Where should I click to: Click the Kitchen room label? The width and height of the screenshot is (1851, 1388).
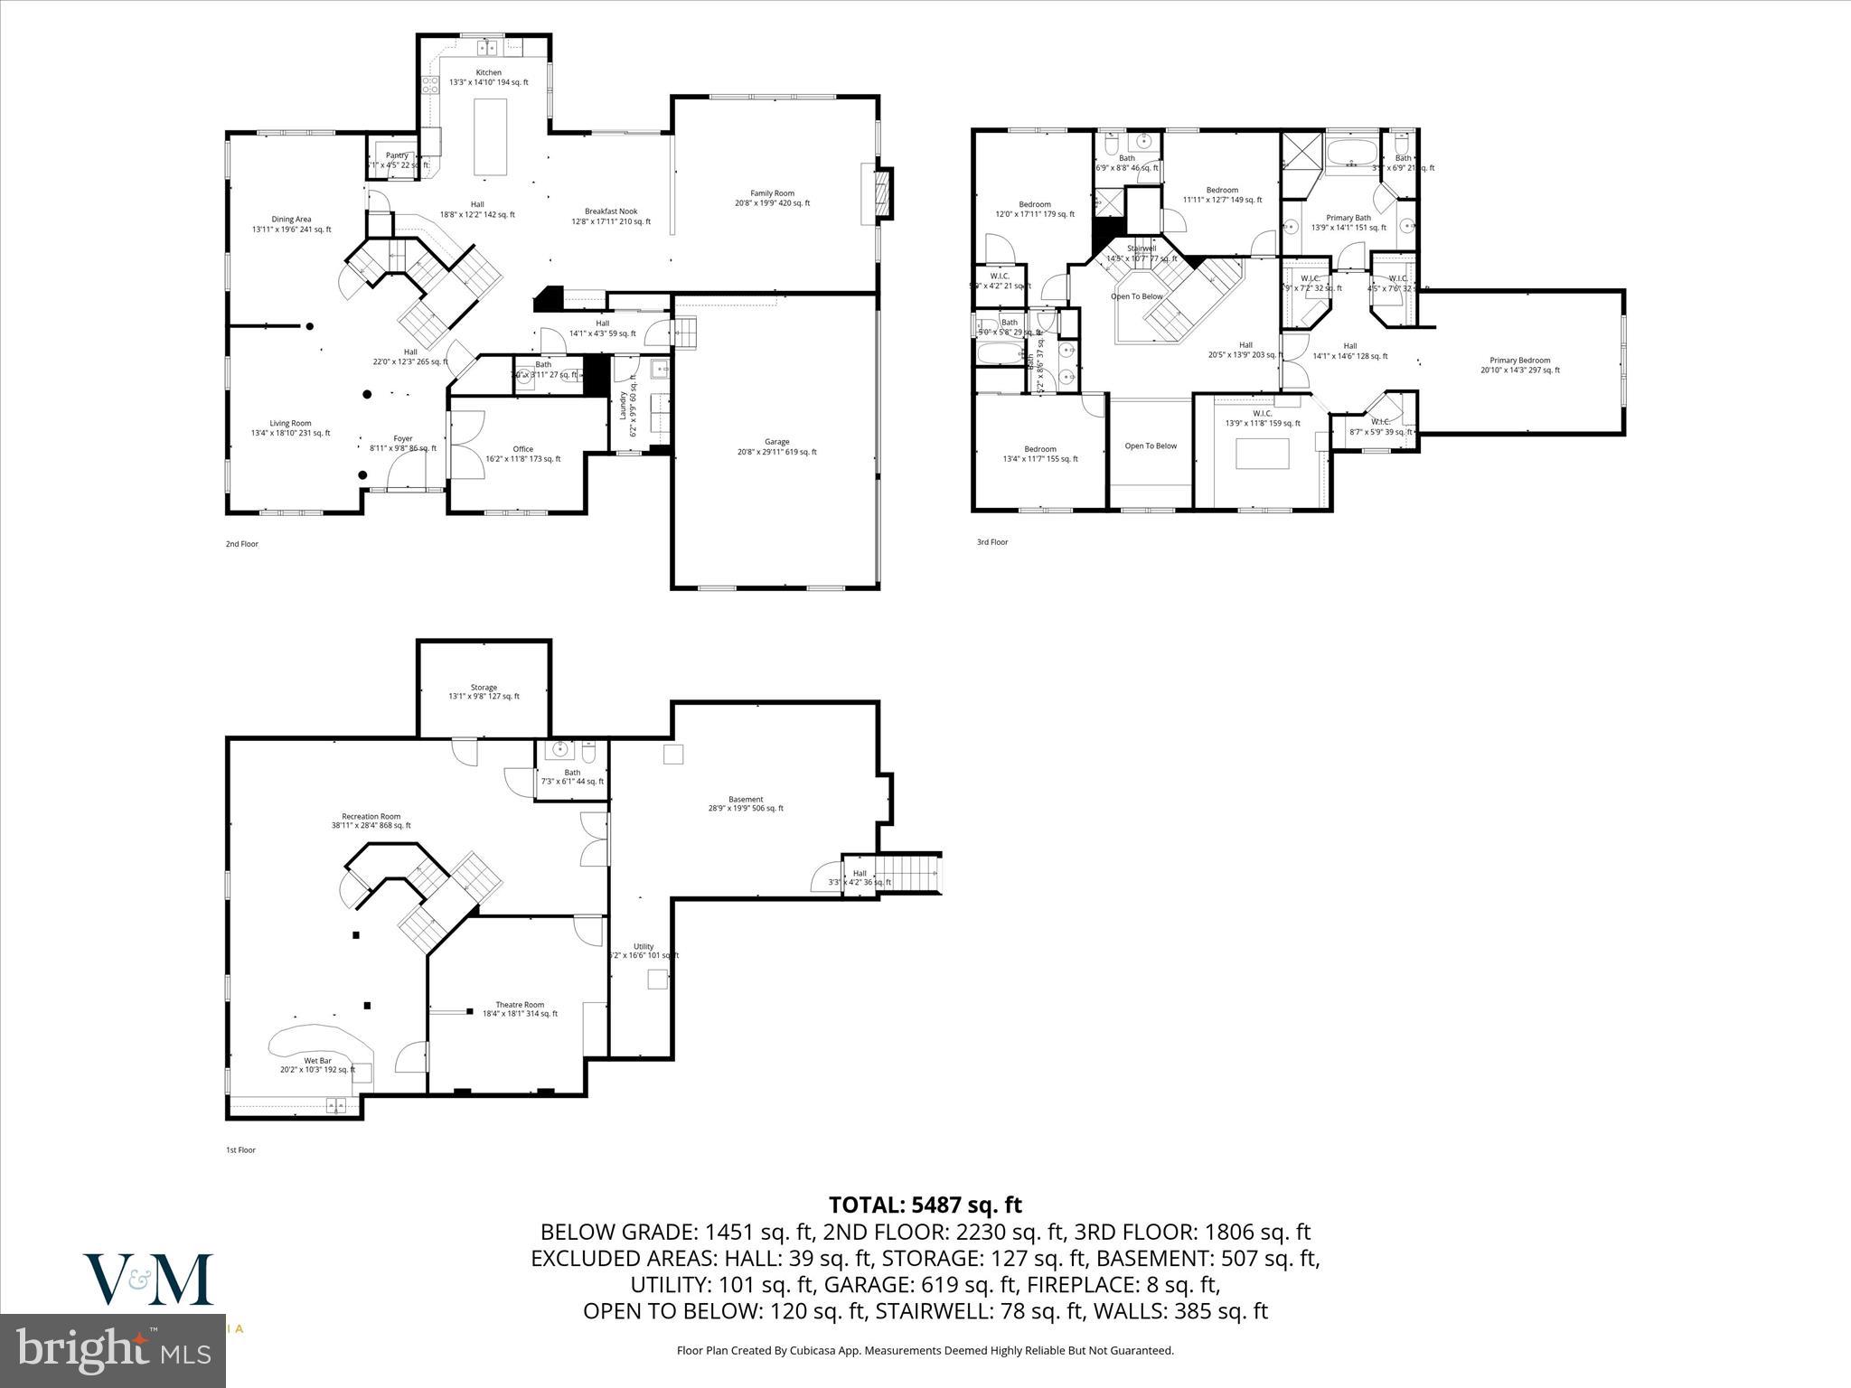tap(488, 73)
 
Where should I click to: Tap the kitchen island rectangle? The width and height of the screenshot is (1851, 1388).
tap(490, 137)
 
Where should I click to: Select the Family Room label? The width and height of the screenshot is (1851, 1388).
tap(772, 193)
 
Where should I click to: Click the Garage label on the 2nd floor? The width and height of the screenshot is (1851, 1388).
tap(776, 442)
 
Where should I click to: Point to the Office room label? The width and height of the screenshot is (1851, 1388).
tap(522, 449)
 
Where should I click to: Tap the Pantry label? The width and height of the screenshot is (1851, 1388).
tap(397, 155)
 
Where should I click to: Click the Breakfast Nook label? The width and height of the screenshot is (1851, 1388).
tap(610, 211)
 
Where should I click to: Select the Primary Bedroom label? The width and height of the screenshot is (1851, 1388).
tap(1519, 361)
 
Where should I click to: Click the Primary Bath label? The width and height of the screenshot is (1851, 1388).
tap(1348, 218)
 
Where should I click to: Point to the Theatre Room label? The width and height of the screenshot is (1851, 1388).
tap(520, 1005)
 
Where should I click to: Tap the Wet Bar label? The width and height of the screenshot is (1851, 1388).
tap(317, 1060)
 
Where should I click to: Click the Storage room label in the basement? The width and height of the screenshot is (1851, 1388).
tap(484, 688)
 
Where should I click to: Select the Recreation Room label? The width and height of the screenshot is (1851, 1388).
tap(371, 816)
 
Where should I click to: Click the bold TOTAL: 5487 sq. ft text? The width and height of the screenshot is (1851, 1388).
tap(925, 1205)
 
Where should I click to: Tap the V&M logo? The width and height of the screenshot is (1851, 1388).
tap(148, 1280)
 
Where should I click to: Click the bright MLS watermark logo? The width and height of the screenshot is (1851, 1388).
tap(113, 1349)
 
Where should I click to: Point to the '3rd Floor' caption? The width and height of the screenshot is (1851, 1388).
tap(991, 542)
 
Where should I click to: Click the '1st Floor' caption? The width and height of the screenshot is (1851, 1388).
tap(240, 1150)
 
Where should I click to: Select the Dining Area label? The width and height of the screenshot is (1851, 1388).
tap(291, 220)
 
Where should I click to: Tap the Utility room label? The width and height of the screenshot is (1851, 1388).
tap(643, 946)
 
